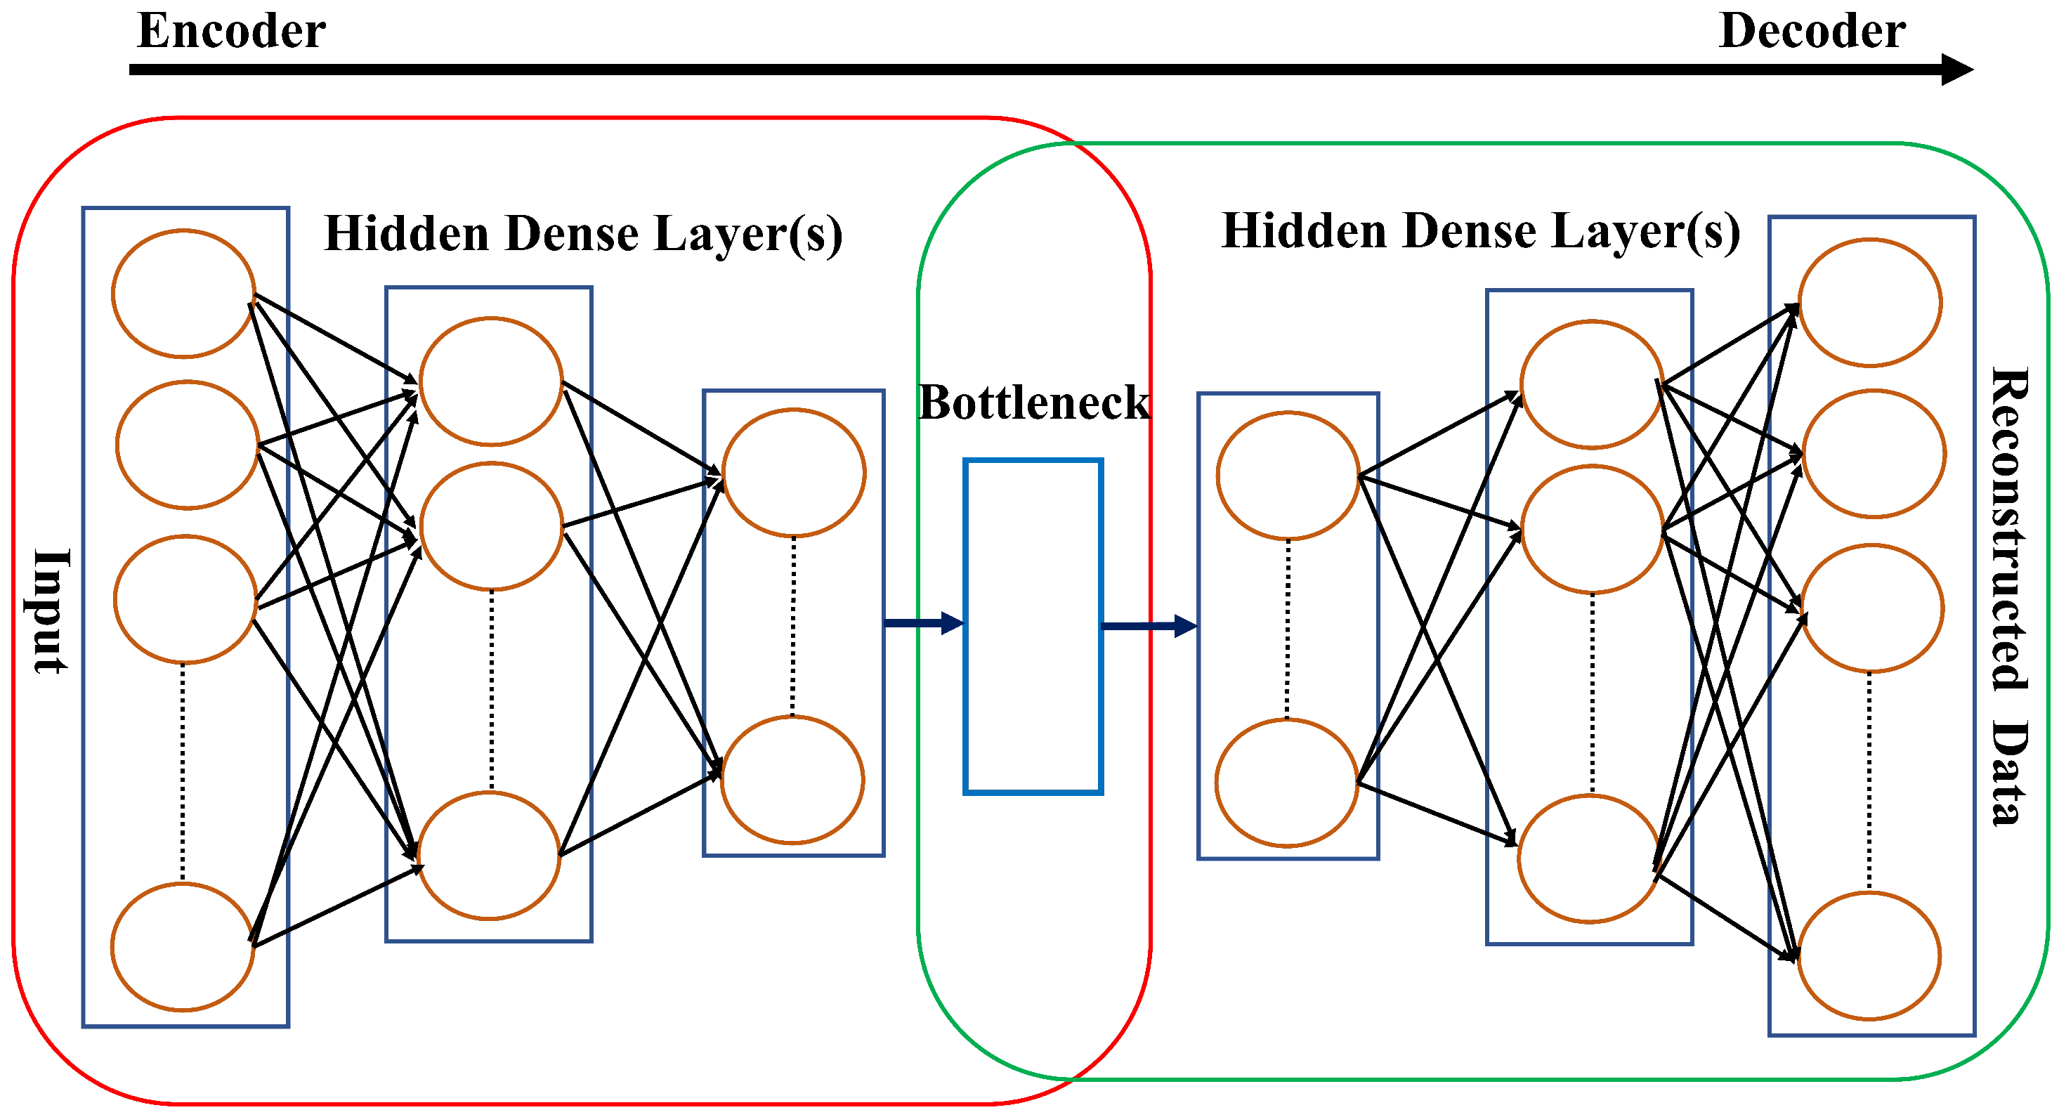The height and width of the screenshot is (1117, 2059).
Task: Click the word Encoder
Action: tap(231, 32)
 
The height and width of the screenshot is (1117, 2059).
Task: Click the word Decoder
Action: tap(1811, 32)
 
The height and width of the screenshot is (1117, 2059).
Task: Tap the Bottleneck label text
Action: tap(1033, 402)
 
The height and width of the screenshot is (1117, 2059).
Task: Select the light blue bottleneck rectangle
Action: tap(1033, 626)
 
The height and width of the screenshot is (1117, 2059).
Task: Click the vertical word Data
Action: tap(2009, 773)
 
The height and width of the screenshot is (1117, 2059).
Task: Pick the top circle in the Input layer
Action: tap(184, 294)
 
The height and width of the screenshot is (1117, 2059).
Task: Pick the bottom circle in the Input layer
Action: tap(182, 947)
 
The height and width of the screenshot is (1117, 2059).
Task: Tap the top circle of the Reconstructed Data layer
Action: tap(1869, 302)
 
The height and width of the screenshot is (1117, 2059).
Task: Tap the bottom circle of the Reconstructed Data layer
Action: tap(1869, 955)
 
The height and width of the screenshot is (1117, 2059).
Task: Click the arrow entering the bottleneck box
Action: tap(924, 623)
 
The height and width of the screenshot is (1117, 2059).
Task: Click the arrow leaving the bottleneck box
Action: tap(1149, 626)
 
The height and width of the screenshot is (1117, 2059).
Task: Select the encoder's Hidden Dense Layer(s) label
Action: tap(582, 234)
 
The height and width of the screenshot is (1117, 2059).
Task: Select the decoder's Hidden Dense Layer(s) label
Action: tap(1480, 232)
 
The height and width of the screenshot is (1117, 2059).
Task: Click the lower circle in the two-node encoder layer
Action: tap(792, 780)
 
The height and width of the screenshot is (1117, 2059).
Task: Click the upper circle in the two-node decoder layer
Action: tap(1288, 476)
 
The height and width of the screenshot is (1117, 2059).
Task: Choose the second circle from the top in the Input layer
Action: tap(187, 445)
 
